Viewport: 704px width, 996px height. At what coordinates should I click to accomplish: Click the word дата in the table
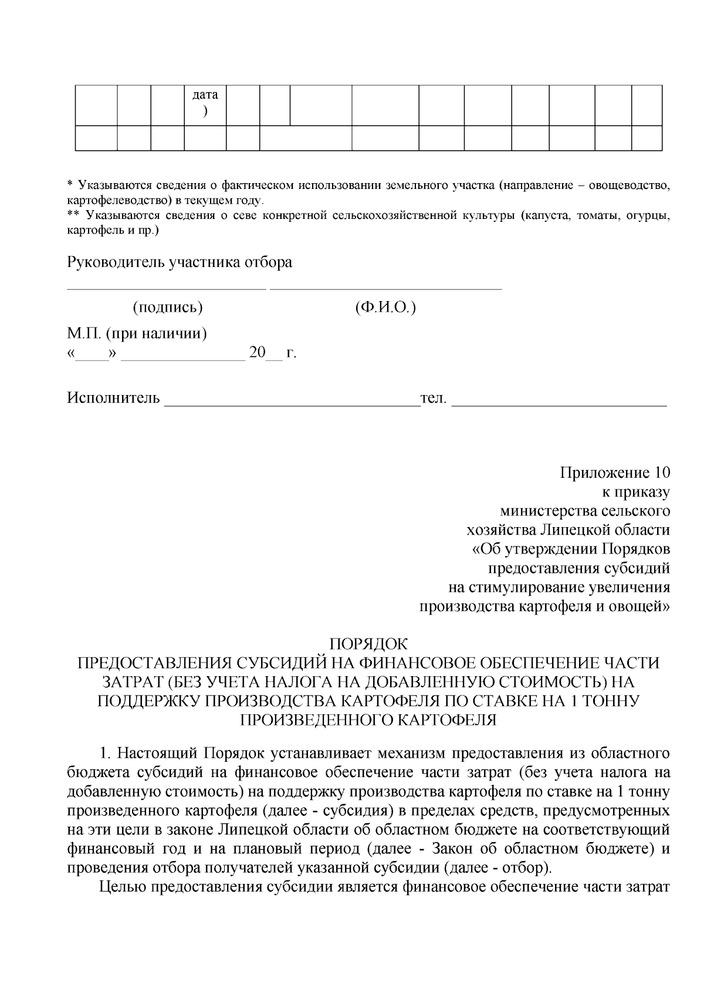tap(205, 95)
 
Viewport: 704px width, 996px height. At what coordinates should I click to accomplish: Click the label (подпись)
tap(168, 308)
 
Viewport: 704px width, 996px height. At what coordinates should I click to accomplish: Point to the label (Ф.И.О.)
tap(385, 308)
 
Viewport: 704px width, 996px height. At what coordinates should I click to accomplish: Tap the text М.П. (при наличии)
tap(137, 334)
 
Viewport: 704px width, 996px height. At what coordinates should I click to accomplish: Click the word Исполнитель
tap(113, 399)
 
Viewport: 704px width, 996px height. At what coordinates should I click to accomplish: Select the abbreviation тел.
tap(434, 399)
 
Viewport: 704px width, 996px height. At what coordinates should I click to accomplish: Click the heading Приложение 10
tap(614, 473)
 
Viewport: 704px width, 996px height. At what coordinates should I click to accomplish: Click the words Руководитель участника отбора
tap(180, 262)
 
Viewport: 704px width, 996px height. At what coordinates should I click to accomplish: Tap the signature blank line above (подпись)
tap(167, 289)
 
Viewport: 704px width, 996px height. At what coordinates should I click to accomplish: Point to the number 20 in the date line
tap(257, 353)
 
